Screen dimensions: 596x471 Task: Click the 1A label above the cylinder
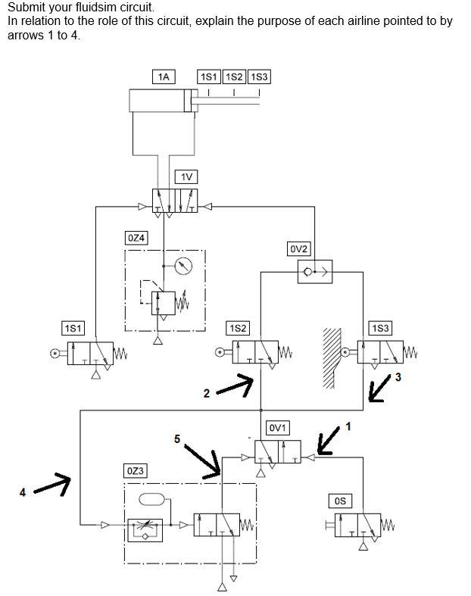click(x=163, y=76)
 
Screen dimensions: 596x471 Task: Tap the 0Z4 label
click(x=136, y=238)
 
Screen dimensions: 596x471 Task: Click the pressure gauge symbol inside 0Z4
click(x=182, y=267)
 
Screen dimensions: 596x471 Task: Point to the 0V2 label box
click(x=299, y=248)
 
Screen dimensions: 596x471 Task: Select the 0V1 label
click(x=278, y=428)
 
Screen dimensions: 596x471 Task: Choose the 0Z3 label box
click(x=136, y=471)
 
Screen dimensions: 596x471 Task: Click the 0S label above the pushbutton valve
click(x=340, y=501)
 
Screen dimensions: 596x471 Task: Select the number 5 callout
click(x=177, y=439)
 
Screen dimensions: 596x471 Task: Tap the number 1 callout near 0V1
click(x=348, y=426)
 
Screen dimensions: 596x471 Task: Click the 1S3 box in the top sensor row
click(x=260, y=76)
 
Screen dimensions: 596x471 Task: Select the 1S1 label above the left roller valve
click(x=73, y=327)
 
